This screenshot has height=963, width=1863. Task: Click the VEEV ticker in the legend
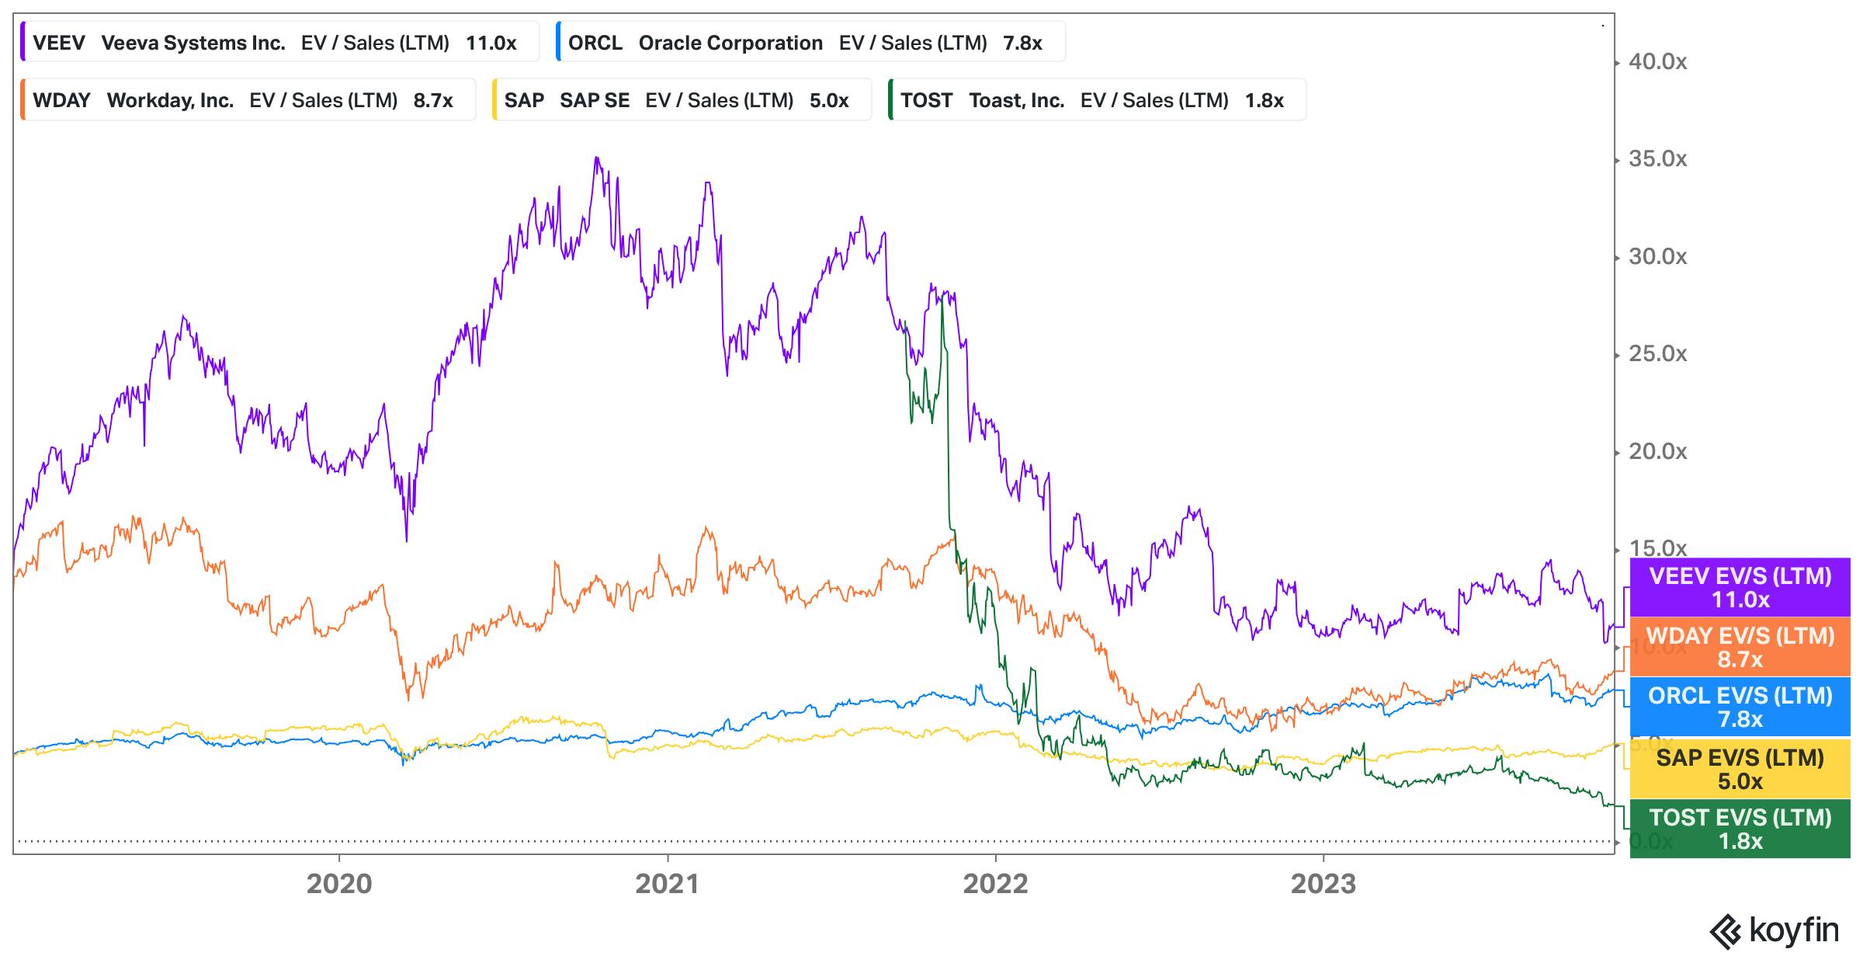[x=59, y=43]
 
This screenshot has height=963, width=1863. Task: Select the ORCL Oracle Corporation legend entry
[x=810, y=43]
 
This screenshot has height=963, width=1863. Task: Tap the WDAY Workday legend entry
[x=247, y=100]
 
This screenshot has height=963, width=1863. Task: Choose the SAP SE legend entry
[x=680, y=100]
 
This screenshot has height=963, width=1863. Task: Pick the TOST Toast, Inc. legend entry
[x=1095, y=100]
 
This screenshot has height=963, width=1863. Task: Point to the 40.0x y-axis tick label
[x=1657, y=62]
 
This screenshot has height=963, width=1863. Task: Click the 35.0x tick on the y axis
[x=1657, y=159]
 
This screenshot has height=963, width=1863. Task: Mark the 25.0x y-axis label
[x=1657, y=354]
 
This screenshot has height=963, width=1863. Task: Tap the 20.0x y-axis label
[x=1657, y=451]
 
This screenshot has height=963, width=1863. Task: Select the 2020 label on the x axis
[x=339, y=884]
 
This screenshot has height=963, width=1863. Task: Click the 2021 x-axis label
[x=668, y=884]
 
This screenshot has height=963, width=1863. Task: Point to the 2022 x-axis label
[x=995, y=884]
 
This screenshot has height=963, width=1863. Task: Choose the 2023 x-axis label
[x=1323, y=884]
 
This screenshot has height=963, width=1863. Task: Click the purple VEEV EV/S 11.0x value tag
[x=1740, y=587]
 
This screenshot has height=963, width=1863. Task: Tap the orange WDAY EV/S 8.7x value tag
[x=1740, y=647]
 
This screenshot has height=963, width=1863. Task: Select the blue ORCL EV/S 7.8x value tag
[x=1740, y=707]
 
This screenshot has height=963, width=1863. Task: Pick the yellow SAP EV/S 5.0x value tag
[x=1740, y=768]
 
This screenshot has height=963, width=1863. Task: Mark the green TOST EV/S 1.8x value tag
[x=1740, y=829]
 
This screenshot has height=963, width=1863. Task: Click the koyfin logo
[x=1774, y=930]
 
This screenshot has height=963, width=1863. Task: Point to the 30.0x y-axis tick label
[x=1657, y=257]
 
